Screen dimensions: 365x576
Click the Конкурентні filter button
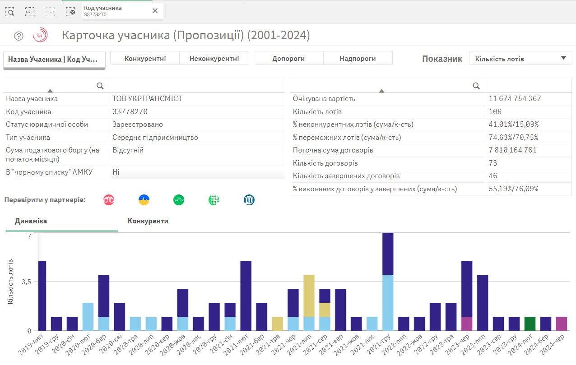(x=145, y=58)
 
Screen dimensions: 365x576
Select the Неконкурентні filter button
(x=214, y=58)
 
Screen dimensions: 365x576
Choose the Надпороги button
(x=358, y=58)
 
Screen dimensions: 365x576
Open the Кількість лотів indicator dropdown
(x=520, y=58)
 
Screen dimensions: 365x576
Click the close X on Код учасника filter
(x=155, y=11)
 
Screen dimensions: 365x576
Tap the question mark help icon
(x=19, y=36)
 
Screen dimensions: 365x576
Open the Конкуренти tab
(x=148, y=221)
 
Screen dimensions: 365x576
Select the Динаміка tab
(x=31, y=221)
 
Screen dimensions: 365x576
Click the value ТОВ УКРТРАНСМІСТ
(x=147, y=98)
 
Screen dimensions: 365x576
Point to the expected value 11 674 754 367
(x=515, y=98)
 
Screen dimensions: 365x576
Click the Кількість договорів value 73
(x=492, y=163)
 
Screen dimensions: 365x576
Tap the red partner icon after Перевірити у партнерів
(x=109, y=200)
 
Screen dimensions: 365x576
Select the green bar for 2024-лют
(x=530, y=324)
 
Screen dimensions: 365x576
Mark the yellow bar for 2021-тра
(x=277, y=324)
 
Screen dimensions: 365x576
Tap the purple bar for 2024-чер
(x=562, y=324)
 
